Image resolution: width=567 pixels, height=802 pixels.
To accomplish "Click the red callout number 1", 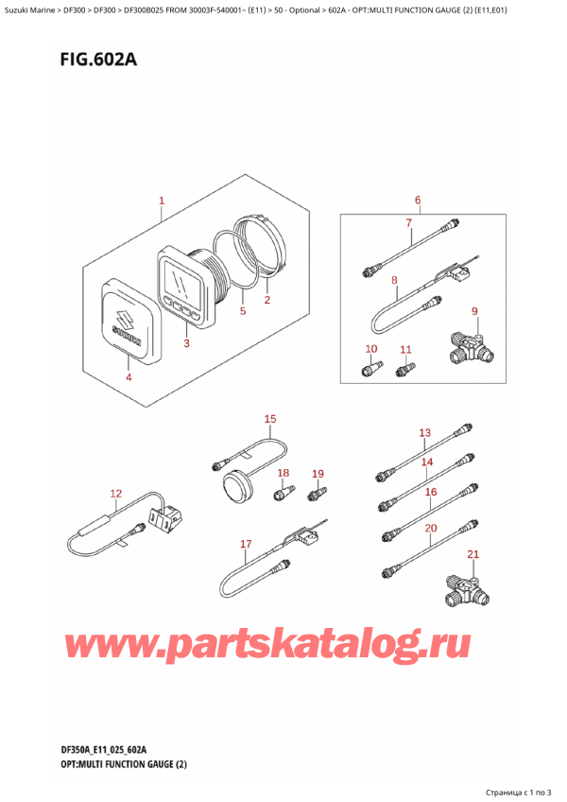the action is [162, 201].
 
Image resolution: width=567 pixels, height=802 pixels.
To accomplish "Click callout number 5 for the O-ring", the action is [243, 310].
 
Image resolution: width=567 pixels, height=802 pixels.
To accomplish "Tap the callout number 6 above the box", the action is [418, 200].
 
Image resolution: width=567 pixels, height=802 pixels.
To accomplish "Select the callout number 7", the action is [408, 222].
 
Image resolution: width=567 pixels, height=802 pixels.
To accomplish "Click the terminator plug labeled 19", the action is [318, 493].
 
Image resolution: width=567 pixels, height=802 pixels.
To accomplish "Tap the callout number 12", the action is [116, 493].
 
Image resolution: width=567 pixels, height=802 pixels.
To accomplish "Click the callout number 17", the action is [246, 544].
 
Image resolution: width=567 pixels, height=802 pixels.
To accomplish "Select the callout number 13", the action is [425, 433].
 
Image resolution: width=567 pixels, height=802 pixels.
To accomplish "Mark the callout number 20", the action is [431, 528].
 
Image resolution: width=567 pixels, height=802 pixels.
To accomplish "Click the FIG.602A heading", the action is [98, 60].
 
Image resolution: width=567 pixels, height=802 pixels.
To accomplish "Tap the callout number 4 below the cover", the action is [129, 377].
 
